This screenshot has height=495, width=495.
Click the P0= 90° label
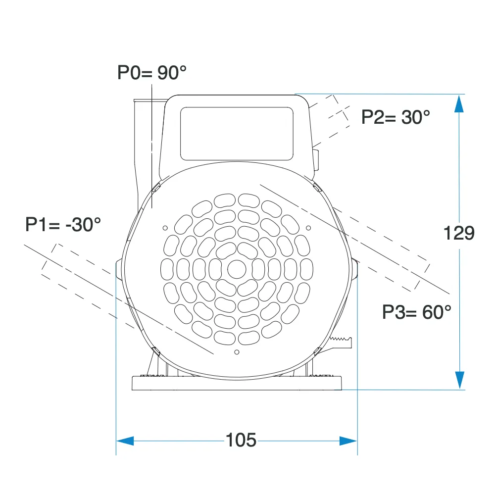click(x=152, y=73)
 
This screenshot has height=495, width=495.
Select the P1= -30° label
click(x=63, y=225)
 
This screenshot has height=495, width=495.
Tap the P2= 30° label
click(x=396, y=117)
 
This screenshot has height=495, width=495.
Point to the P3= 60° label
click(x=417, y=311)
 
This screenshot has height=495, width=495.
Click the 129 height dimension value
click(x=459, y=233)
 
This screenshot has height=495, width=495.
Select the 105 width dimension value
click(x=241, y=440)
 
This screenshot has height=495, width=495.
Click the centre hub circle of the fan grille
click(x=237, y=269)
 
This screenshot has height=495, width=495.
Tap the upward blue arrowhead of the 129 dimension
click(x=459, y=104)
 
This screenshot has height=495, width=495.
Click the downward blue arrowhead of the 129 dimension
click(x=459, y=379)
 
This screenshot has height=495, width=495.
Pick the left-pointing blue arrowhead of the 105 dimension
click(x=125, y=440)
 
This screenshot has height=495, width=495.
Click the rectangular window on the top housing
click(x=238, y=134)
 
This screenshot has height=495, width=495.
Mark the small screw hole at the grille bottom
click(x=237, y=352)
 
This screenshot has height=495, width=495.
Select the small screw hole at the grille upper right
click(x=308, y=228)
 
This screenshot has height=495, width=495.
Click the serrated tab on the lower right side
click(x=342, y=342)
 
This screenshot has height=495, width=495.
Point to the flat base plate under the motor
click(x=238, y=383)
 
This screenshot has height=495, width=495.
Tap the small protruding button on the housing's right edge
click(x=315, y=158)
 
